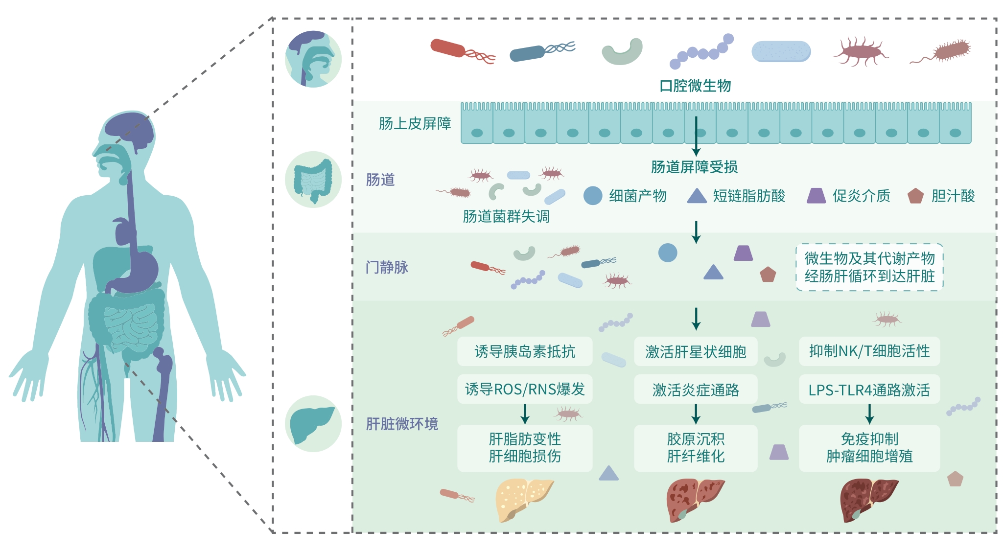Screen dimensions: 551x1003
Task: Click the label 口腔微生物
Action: (695, 86)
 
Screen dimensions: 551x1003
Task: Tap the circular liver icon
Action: (313, 423)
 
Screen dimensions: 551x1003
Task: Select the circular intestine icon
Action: (313, 180)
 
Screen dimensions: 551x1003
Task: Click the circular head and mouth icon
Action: (313, 59)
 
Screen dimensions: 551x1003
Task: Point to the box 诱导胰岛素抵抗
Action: (525, 351)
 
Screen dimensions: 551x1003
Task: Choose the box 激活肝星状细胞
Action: (696, 351)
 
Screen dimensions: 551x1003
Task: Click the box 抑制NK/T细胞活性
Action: (869, 351)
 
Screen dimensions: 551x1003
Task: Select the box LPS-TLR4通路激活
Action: (869, 390)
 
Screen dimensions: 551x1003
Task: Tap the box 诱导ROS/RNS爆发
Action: (525, 390)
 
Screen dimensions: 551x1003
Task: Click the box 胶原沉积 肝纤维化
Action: (696, 448)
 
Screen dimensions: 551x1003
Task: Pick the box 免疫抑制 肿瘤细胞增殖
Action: (869, 448)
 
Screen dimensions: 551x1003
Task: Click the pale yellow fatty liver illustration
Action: (523, 499)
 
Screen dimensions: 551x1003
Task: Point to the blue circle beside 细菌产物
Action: (593, 196)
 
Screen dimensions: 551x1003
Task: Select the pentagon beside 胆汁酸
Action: (915, 196)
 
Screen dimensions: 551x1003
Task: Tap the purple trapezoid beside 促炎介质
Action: (816, 196)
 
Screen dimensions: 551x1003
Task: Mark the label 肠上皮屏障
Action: (415, 124)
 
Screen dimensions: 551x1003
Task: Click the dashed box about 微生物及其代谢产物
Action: (869, 267)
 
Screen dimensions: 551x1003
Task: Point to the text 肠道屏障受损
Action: (694, 167)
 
